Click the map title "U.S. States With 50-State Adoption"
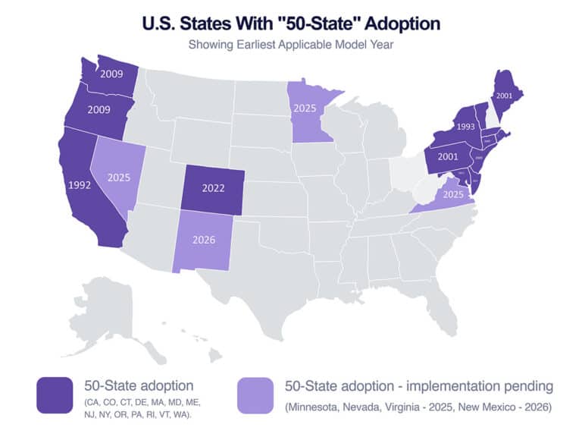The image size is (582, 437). click(x=291, y=24)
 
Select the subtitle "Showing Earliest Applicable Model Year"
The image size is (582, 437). click(x=291, y=44)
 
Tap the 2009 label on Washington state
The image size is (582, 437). click(x=112, y=74)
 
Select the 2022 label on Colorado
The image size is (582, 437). click(x=214, y=187)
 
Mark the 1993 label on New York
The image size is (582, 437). click(x=466, y=126)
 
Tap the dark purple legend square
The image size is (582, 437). click(x=55, y=395)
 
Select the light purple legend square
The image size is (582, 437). click(x=255, y=395)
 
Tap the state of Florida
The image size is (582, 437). click(x=440, y=303)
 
